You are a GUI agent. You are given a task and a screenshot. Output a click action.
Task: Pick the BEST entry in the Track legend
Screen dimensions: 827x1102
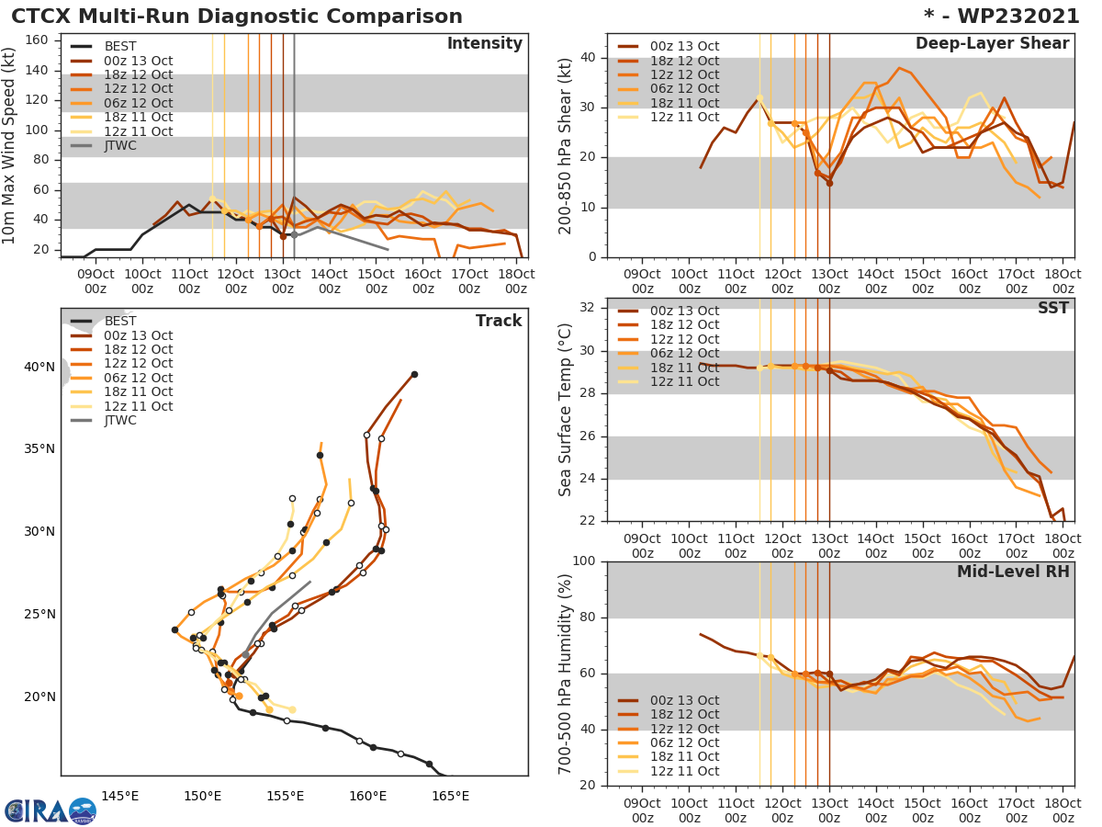coord(120,321)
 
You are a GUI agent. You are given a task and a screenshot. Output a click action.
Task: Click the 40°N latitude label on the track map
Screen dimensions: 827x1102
coord(39,368)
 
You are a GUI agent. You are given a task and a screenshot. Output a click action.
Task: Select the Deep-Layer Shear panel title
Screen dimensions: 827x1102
coord(992,44)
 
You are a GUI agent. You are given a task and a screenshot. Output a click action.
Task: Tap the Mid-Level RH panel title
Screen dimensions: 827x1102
coord(1013,572)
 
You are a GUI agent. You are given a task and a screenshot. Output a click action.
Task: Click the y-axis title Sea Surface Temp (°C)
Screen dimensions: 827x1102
coord(566,410)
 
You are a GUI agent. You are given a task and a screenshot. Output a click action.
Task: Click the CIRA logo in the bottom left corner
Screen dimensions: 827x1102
coord(50,810)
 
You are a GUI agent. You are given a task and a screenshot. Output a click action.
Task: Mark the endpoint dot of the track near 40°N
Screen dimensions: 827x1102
coord(414,374)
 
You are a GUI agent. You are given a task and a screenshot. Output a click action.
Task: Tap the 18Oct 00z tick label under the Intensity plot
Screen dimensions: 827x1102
coord(516,281)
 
